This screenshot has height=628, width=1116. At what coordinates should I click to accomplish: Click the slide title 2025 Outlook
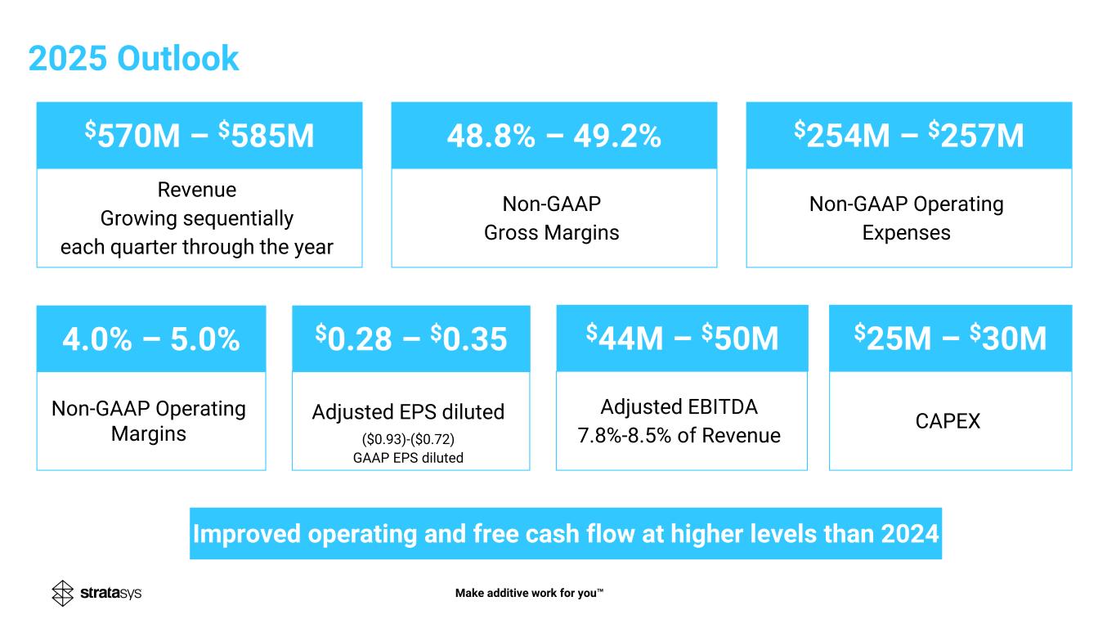pos(133,59)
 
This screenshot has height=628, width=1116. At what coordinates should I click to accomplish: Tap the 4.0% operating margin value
pos(98,339)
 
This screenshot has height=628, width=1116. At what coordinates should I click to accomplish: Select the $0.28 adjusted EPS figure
pos(358,339)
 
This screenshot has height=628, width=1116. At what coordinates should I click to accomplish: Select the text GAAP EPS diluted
pos(408,458)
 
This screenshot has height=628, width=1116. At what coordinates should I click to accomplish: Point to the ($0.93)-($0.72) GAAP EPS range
pos(408,440)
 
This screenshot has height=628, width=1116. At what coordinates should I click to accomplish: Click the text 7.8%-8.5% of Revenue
pos(679,436)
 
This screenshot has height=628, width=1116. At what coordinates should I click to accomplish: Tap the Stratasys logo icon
pos(63,594)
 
